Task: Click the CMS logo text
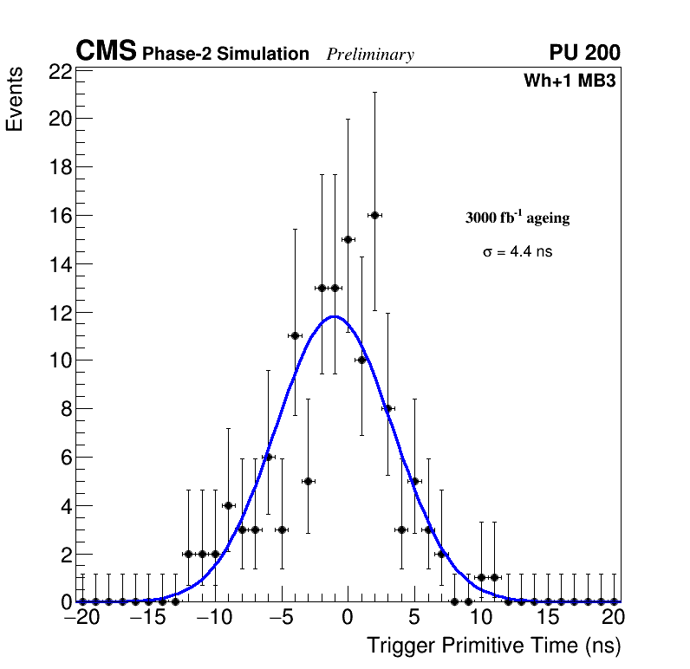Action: [106, 52]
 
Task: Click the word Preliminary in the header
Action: [370, 55]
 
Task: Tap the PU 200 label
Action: [584, 53]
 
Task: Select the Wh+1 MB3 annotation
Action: [570, 81]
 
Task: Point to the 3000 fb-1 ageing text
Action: [517, 218]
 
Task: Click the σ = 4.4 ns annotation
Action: [517, 252]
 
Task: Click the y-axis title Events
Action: [15, 100]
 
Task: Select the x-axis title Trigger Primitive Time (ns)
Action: [493, 646]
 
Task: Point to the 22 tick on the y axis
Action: [60, 72]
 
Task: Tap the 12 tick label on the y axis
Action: [60, 312]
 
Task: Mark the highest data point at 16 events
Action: [374, 215]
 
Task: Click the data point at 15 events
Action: [348, 239]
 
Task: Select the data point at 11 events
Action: [295, 335]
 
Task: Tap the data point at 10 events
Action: [361, 360]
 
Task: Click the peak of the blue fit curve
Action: [335, 316]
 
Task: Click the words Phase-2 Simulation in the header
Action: [225, 55]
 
